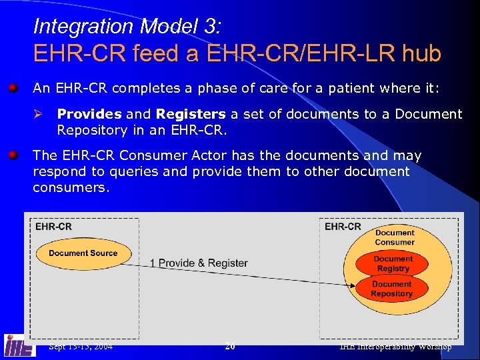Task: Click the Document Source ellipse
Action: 83,253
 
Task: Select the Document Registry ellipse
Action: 393,264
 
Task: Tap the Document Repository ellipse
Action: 392,289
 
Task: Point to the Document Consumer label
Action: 394,237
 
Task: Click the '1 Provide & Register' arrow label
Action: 199,263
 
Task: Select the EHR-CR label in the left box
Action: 53,227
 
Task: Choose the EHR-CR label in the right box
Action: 343,227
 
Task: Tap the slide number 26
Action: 230,346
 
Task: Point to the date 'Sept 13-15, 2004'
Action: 81,346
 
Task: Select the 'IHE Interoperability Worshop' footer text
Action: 395,346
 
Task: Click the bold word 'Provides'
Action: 89,115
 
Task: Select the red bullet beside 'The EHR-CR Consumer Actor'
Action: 13,156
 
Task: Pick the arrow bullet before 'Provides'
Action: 39,115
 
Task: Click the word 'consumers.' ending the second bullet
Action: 71,188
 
